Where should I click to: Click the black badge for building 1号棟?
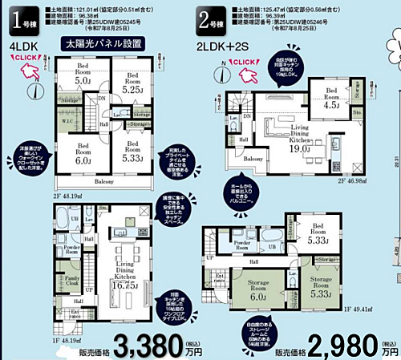[x=22, y=21]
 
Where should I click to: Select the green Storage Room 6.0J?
[x=257, y=289]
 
